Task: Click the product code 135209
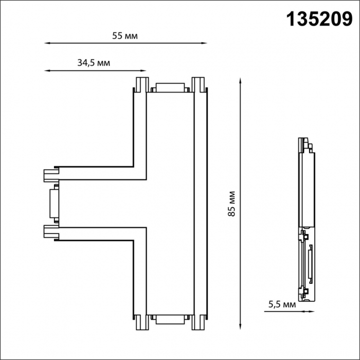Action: pos(319,20)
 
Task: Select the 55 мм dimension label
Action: pos(125,36)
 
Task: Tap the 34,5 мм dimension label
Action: pos(94,63)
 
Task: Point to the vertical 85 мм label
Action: pos(232,204)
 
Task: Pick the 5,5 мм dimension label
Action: pos(282,304)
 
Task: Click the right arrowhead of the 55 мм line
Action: pos(204,43)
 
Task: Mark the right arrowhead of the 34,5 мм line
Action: pos(143,71)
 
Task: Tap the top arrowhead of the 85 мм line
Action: pos(240,81)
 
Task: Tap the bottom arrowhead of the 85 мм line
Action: pos(240,327)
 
